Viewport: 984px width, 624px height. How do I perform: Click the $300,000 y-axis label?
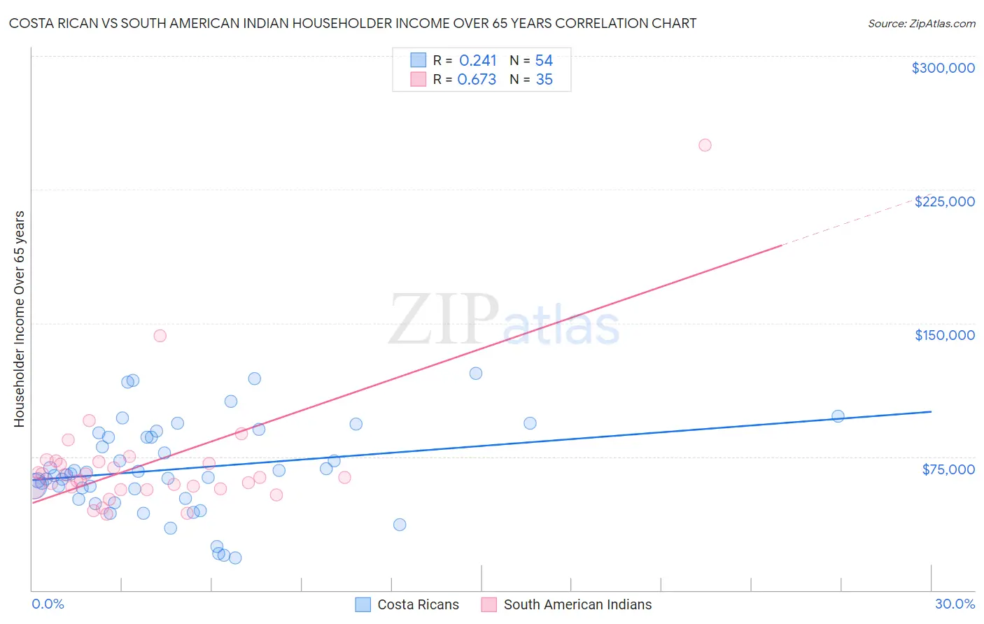943,68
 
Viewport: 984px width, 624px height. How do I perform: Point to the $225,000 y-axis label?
944,201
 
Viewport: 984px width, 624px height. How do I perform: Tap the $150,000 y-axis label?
944,335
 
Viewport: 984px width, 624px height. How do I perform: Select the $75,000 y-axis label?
948,469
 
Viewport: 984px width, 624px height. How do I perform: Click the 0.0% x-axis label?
48,604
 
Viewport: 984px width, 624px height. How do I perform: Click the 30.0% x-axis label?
955,604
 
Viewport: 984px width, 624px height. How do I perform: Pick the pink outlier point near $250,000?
705,146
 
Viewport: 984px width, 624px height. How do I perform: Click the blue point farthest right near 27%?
838,416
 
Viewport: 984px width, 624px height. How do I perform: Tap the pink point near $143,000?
160,336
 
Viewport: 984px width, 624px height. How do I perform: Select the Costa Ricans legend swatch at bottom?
363,604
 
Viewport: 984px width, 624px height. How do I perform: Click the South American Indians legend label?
577,604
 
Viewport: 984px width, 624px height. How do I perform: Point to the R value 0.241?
477,61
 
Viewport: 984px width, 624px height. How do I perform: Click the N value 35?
544,80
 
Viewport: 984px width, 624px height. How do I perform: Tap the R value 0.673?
477,80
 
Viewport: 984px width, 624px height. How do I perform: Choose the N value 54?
544,61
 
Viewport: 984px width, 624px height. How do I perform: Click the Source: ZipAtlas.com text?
921,24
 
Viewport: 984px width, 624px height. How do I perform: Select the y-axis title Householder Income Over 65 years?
20,318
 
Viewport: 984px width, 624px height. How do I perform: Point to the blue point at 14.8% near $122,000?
476,374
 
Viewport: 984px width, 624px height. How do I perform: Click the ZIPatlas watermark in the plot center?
504,320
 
